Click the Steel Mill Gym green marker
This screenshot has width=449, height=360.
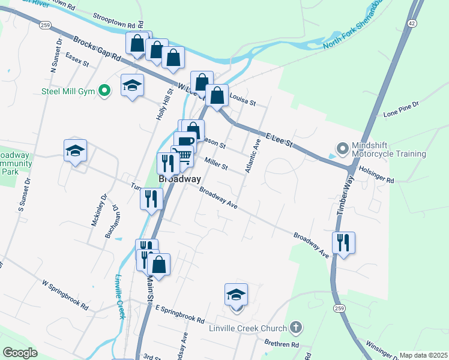tap(105, 91)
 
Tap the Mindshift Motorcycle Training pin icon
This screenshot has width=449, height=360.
tap(342, 148)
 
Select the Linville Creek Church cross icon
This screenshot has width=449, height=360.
tap(295, 328)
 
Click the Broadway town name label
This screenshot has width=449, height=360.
tap(179, 179)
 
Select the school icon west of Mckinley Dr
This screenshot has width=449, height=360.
tap(75, 151)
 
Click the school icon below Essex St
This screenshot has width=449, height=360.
tap(132, 86)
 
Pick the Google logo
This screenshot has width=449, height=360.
tap(20, 353)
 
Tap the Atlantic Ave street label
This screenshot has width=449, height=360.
tap(252, 156)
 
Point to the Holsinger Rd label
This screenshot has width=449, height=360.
tap(376, 175)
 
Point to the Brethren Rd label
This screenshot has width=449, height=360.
tap(282, 344)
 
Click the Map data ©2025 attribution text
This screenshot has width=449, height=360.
tap(423, 355)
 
